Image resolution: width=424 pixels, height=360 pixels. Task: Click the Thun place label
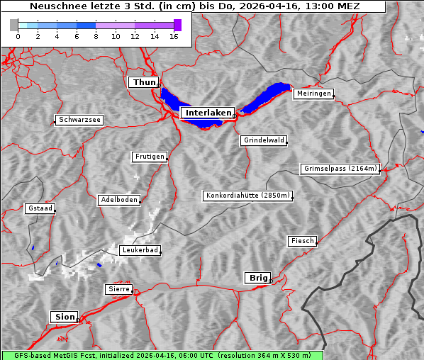click(x=144, y=83)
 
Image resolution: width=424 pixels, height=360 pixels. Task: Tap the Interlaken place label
click(x=208, y=113)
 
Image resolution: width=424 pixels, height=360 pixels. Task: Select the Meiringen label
click(x=313, y=94)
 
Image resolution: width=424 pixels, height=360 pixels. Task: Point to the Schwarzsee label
click(x=79, y=120)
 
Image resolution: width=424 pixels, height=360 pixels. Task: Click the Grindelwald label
click(x=264, y=140)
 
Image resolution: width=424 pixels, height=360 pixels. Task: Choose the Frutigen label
click(x=149, y=157)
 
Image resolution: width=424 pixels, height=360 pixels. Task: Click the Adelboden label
click(x=118, y=200)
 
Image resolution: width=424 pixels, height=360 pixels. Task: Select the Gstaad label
click(x=40, y=208)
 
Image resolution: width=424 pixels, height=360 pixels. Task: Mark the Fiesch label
click(x=302, y=241)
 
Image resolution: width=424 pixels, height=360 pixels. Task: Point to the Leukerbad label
click(x=140, y=250)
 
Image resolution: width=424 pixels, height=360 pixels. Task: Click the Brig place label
click(x=257, y=277)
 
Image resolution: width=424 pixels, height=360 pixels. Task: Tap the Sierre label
click(x=118, y=289)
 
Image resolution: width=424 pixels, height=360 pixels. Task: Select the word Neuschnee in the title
click(x=57, y=6)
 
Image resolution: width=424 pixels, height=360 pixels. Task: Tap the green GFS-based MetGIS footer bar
click(x=162, y=355)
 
